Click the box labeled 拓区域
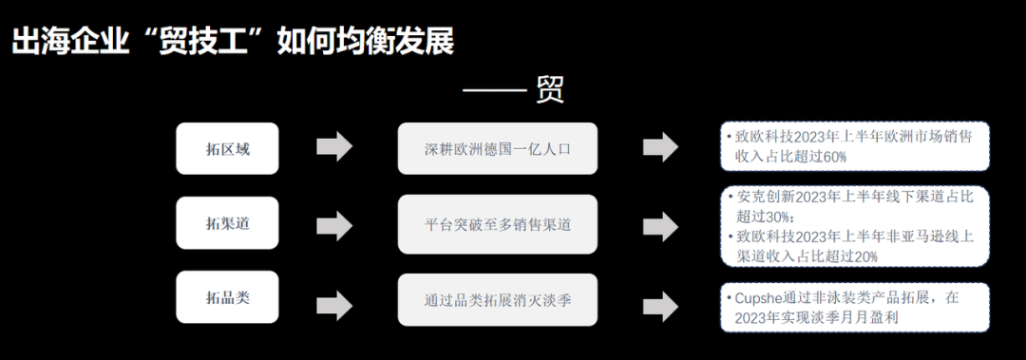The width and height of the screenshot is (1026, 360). (227, 148)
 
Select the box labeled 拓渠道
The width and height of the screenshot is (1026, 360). (227, 224)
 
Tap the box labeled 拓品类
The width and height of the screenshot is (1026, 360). (227, 297)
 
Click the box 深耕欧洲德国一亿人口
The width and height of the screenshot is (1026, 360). (497, 148)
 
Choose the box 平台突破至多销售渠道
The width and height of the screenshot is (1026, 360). (497, 224)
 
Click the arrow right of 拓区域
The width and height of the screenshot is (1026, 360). (334, 147)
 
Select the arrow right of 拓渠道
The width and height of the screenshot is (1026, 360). (334, 224)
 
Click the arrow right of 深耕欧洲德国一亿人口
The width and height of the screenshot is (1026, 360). (660, 147)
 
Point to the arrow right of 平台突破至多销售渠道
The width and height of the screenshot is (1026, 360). (660, 224)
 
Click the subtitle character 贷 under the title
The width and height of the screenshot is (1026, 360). (550, 90)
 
